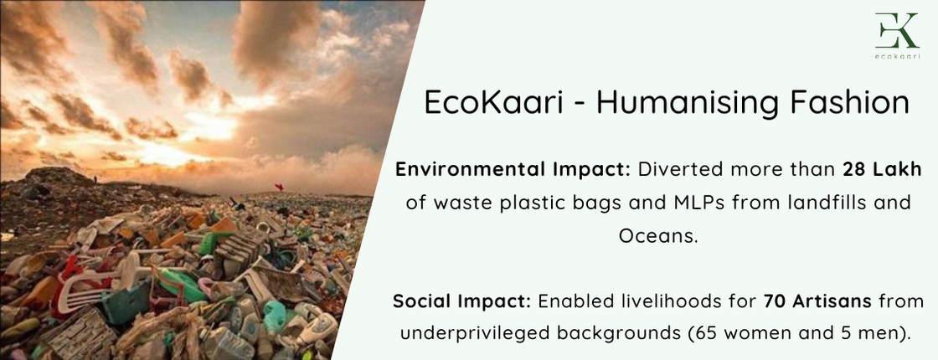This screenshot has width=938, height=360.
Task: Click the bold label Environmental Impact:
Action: coord(513,169)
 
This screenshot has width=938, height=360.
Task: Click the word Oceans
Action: coord(657,236)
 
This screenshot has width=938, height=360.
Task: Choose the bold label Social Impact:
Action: coord(461,301)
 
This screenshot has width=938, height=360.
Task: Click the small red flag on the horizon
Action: coord(278,188)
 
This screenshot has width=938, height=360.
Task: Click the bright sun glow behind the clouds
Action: coord(209,126)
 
